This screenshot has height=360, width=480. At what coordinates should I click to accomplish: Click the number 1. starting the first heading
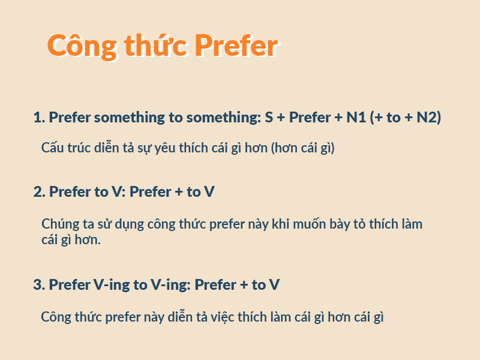(39, 118)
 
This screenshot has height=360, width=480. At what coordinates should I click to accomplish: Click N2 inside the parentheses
(428, 118)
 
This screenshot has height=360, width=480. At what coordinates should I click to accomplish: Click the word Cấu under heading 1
(53, 148)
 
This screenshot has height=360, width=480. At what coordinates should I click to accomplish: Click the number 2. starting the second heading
(39, 192)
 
